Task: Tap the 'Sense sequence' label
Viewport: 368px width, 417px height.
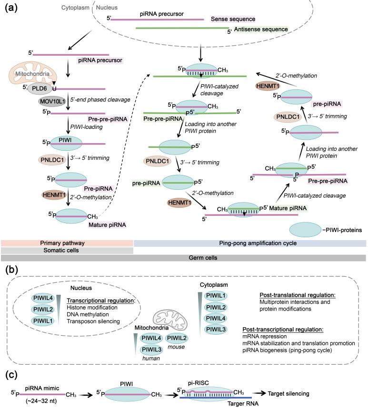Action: coord(232,19)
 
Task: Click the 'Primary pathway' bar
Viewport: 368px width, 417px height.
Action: coord(67,243)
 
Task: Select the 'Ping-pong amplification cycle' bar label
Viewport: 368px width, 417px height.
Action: coord(249,243)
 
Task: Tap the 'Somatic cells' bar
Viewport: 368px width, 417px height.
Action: coord(67,251)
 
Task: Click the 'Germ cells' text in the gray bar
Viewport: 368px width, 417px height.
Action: coord(183,258)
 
